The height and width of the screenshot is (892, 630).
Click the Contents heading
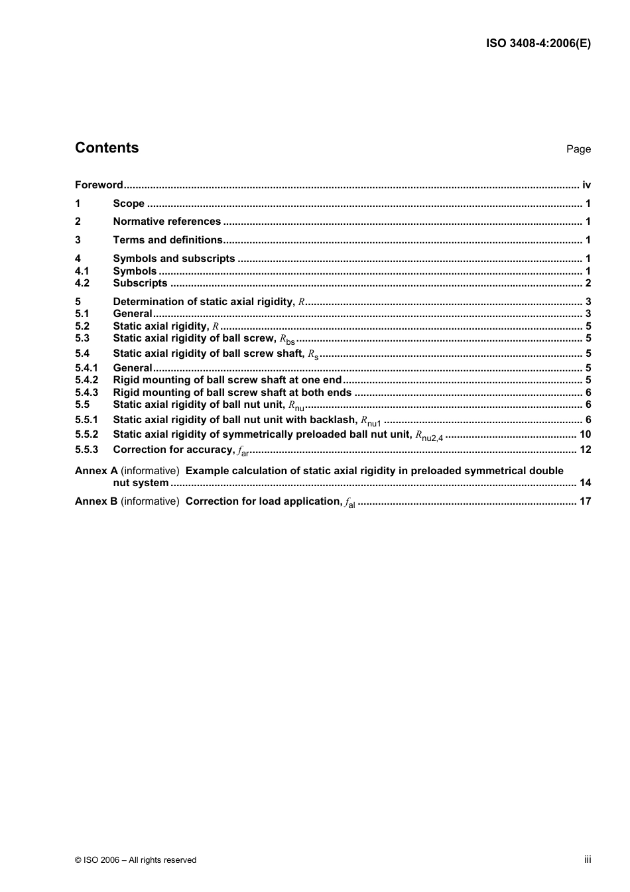[107, 148]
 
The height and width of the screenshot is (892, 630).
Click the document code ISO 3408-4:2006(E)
[538, 44]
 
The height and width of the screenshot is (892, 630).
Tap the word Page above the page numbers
[578, 149]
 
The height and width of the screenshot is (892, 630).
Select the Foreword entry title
[99, 185]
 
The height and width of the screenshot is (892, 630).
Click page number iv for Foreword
[586, 185]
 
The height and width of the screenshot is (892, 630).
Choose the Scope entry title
[129, 204]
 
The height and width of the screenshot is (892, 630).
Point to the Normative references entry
[166, 222]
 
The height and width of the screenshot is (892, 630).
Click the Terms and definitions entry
[168, 240]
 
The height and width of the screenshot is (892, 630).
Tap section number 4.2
[82, 283]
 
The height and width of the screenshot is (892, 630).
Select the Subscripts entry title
[140, 283]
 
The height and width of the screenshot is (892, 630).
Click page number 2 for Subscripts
[588, 283]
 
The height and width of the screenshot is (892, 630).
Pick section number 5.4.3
[86, 393]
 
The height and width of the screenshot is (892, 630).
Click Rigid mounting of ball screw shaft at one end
[227, 380]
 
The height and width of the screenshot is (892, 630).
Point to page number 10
[585, 434]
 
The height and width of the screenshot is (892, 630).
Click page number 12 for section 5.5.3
[585, 450]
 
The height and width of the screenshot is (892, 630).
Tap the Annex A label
[96, 471]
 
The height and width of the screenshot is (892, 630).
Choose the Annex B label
[96, 501]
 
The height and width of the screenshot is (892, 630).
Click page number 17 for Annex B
[585, 501]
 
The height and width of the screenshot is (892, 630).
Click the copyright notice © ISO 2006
[135, 860]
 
